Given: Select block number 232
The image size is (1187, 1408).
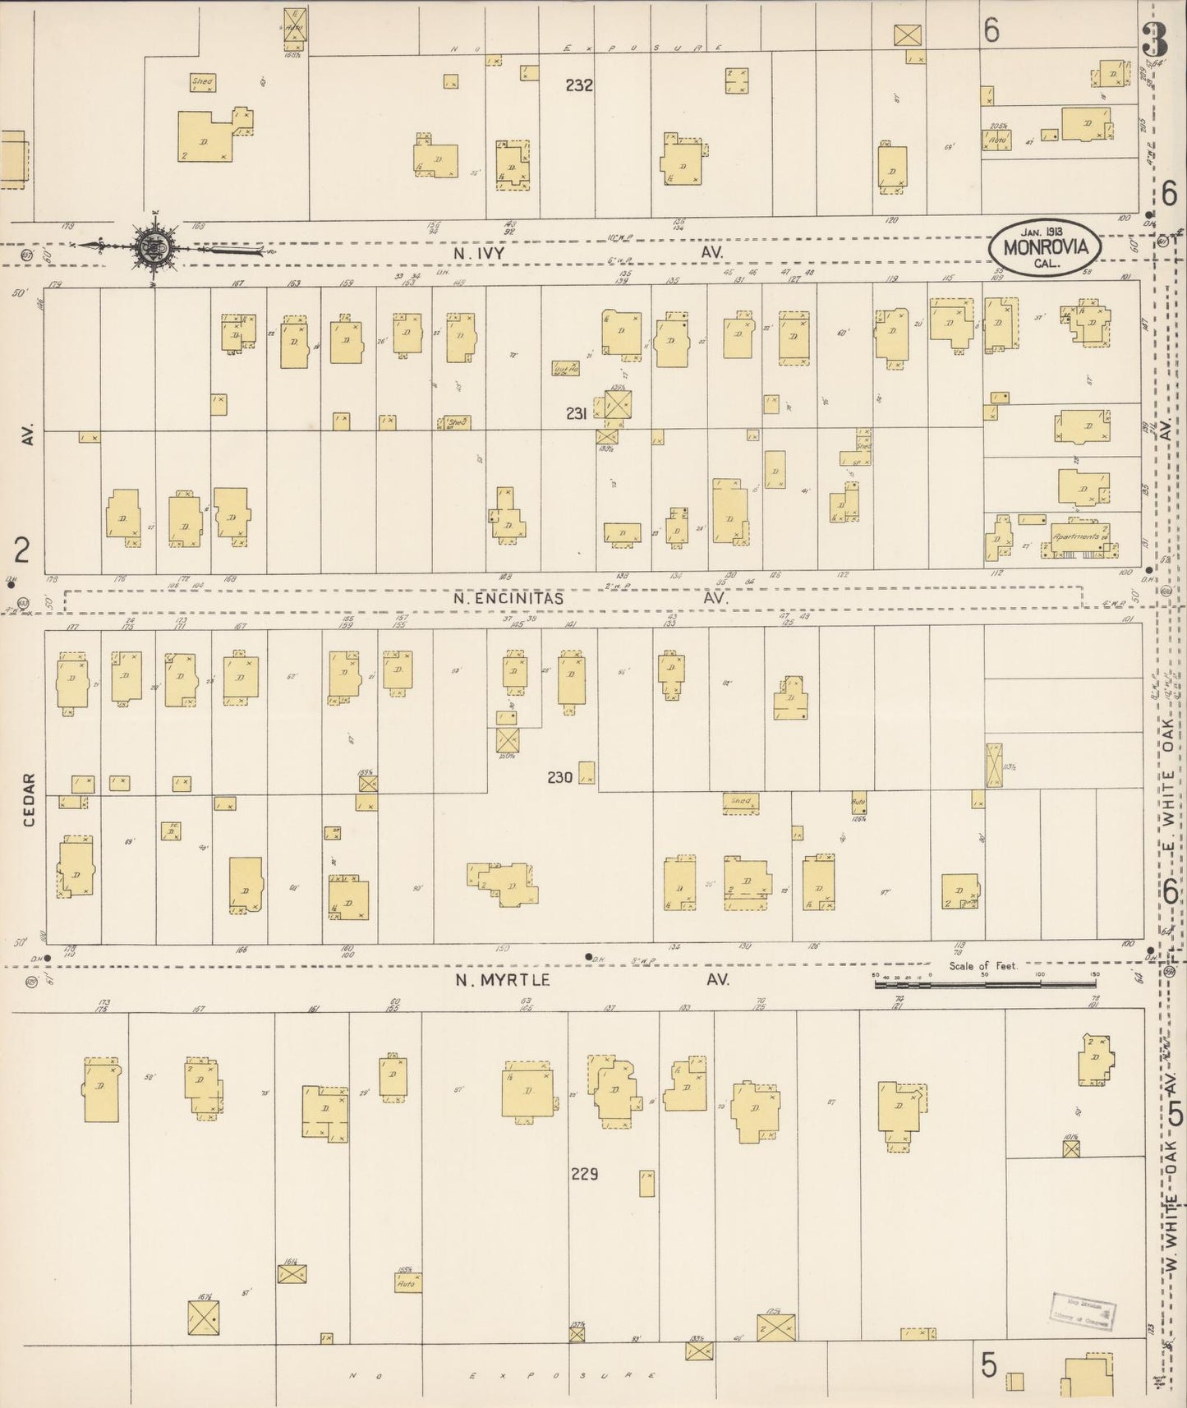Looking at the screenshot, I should click(579, 85).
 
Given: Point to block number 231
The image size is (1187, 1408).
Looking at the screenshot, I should click(577, 414).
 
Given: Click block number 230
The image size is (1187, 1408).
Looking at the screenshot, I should click(560, 776).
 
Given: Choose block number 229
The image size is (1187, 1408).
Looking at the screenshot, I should click(584, 1175).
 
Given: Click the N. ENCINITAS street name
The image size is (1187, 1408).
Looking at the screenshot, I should click(509, 599).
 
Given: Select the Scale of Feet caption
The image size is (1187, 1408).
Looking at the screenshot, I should click(982, 966).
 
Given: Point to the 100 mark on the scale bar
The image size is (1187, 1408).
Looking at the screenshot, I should click(1040, 975).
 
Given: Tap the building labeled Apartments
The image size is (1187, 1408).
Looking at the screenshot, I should click(1076, 540).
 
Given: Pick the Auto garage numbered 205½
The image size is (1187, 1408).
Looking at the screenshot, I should click(997, 140).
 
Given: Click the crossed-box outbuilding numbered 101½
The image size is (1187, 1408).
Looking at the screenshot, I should click(1071, 1148).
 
